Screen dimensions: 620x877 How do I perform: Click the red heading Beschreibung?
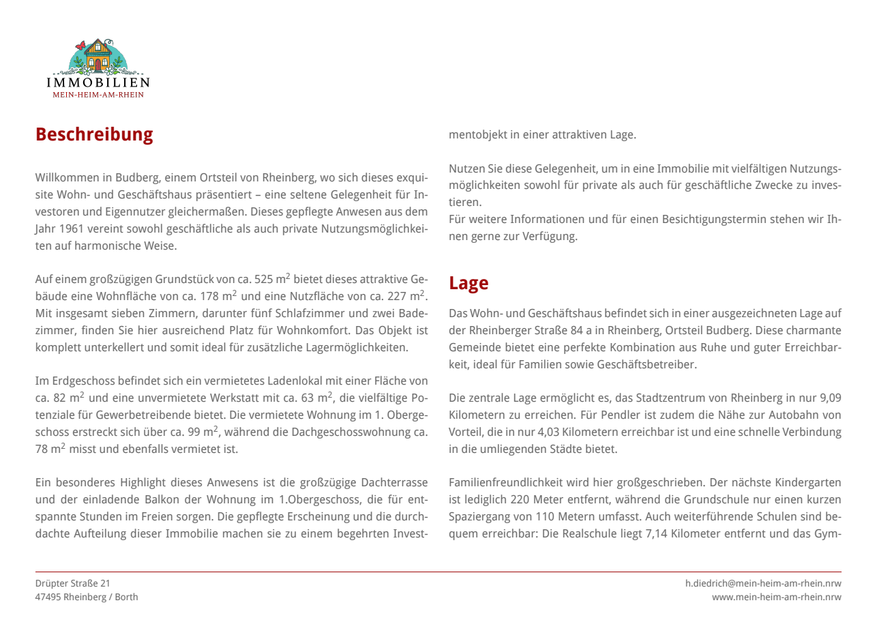94,134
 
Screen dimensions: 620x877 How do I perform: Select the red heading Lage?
469,283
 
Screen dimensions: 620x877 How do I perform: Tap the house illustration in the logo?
98,56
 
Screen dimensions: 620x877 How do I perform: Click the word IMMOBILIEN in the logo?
98,83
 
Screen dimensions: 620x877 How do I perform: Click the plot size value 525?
263,279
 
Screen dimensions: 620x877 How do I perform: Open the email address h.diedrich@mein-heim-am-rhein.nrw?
763,583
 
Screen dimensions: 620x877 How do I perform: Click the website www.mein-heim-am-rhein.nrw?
776,597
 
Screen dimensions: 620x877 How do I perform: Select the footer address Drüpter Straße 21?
72,583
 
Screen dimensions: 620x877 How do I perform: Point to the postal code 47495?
48,597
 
